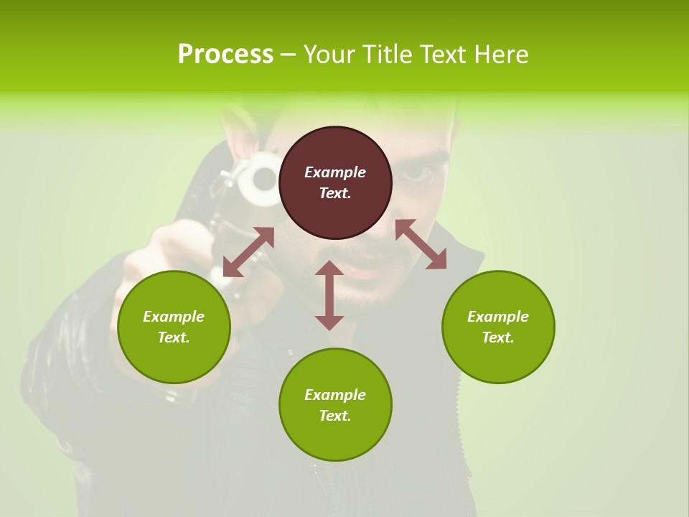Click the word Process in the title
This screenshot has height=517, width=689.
pos(225,55)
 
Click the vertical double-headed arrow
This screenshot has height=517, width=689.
pos(329,295)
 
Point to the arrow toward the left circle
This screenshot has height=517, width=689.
pos(248,252)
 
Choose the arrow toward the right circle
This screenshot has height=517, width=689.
pos(421,244)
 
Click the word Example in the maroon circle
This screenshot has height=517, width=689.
pos(335,172)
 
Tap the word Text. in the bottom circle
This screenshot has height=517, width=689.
pos(335,416)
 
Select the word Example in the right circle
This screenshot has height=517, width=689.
pos(498,317)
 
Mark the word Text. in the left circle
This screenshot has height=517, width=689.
pos(174,337)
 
